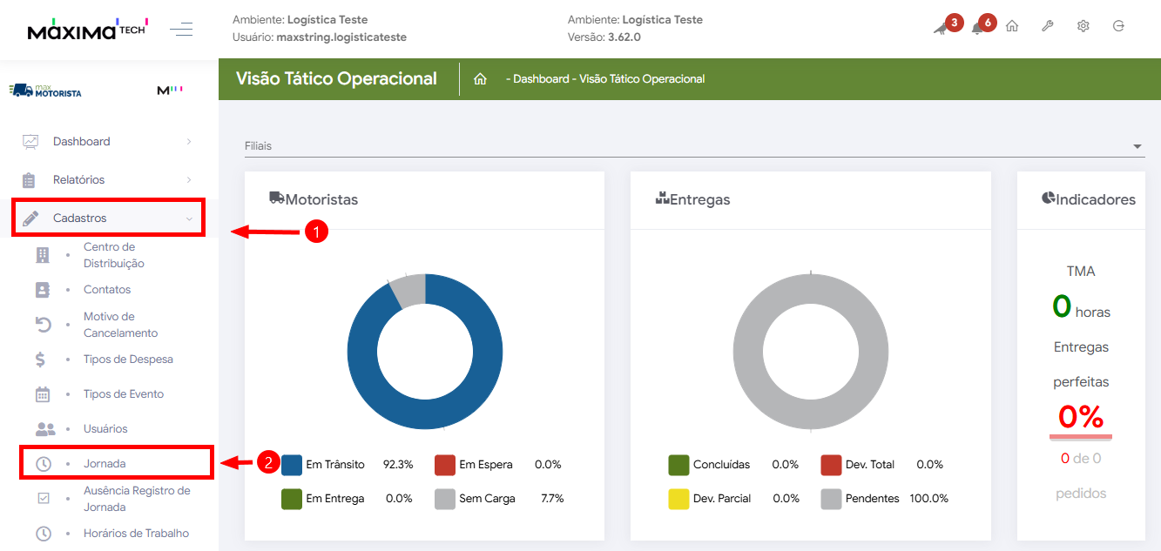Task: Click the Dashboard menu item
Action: point(81,141)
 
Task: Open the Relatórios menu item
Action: point(78,179)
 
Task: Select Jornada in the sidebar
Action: point(105,463)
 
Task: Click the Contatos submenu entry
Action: point(107,289)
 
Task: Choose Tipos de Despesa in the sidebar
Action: point(128,359)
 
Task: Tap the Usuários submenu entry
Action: point(105,428)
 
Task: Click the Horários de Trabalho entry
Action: point(136,533)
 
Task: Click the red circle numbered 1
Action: point(315,232)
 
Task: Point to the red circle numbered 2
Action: point(267,462)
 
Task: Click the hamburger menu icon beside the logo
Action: point(181,30)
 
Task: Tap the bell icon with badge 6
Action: point(978,28)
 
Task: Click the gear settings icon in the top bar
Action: point(1083,26)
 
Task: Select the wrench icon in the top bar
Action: point(1047,26)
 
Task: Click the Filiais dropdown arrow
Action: point(1137,146)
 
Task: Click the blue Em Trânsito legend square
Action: point(292,464)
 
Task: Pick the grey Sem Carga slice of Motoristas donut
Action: point(408,290)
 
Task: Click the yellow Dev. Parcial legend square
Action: point(678,499)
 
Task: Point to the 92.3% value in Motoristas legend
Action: point(398,464)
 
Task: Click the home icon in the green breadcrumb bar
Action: point(480,79)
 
